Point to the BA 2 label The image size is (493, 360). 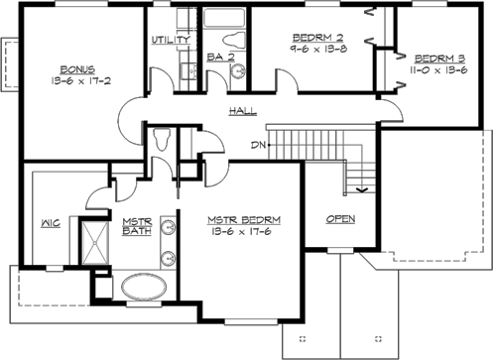coord(220,58)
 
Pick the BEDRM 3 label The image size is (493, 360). coord(437,57)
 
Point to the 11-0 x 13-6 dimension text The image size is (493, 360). coord(437,68)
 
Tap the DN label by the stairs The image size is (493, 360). coord(258,146)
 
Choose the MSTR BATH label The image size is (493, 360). coord(135,226)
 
